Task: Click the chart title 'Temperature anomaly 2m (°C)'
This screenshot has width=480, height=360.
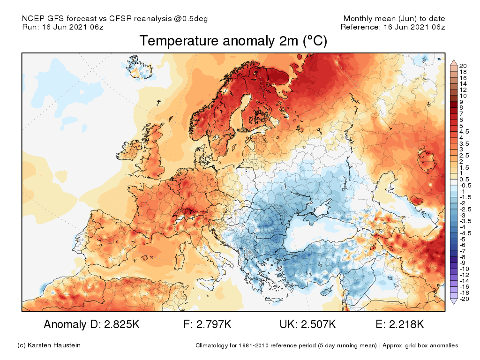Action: point(233,41)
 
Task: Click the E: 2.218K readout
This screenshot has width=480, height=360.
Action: point(401,324)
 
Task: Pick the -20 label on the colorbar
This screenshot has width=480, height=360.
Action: point(465,299)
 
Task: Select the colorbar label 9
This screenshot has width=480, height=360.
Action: point(462,102)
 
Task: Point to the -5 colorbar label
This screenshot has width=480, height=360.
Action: point(463,239)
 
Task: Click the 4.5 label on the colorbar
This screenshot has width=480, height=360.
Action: point(465,132)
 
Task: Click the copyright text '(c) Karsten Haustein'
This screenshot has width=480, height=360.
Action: point(49,345)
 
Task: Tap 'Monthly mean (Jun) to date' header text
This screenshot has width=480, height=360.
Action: point(394,19)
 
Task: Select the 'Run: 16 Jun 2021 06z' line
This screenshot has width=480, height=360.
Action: point(63,27)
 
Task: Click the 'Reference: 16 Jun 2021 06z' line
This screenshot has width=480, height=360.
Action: point(393,27)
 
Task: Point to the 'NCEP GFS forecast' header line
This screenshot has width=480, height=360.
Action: point(115,19)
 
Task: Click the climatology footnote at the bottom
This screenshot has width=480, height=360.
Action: point(327,346)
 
